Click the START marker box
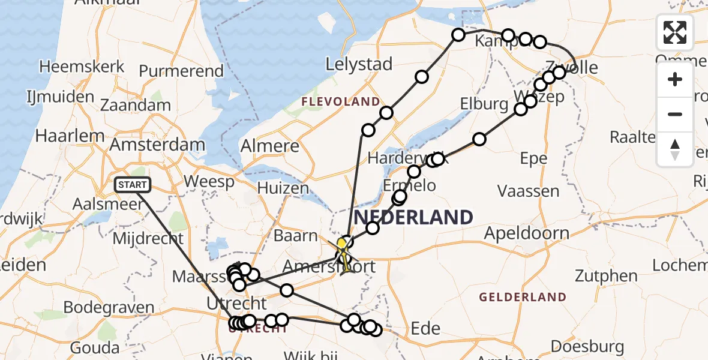click(132, 185)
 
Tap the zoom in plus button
click(675, 79)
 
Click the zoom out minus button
click(675, 114)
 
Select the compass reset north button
click(675, 149)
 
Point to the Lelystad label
click(359, 64)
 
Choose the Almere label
click(269, 146)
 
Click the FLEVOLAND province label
click(341, 101)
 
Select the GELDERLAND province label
click(523, 296)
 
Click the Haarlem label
click(70, 135)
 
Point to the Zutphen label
click(606, 277)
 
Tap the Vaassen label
click(529, 191)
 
